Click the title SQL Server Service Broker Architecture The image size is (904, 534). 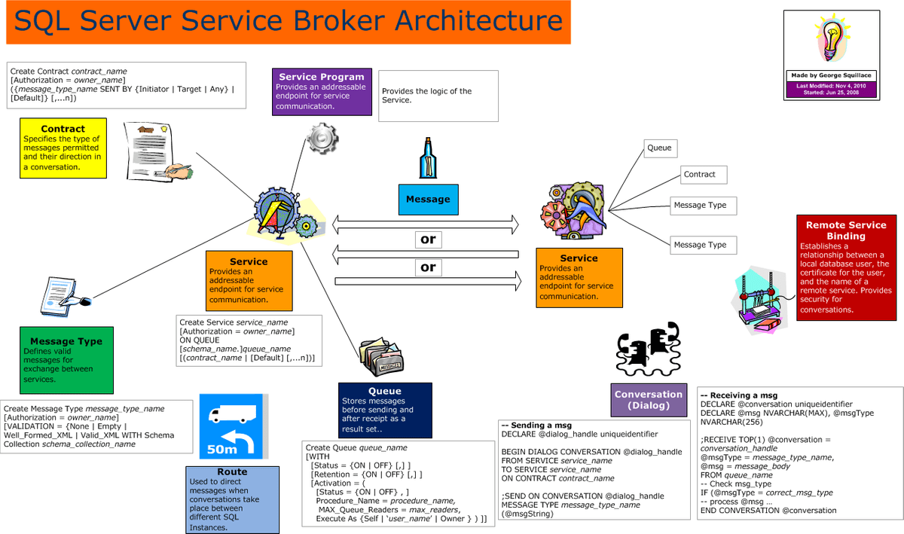pyautogui.click(x=288, y=23)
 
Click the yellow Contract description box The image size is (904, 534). pyautogui.click(x=63, y=148)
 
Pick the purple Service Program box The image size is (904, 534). pyautogui.click(x=322, y=91)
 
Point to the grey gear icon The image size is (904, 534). pyautogui.click(x=322, y=139)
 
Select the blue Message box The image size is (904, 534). pyautogui.click(x=428, y=200)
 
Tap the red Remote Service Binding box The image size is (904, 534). pyautogui.click(x=846, y=267)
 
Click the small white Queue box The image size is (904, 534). pyautogui.click(x=659, y=148)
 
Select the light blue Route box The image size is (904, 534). pyautogui.click(x=232, y=499)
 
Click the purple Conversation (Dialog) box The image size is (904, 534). pyautogui.click(x=648, y=400)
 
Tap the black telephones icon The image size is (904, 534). pyautogui.click(x=649, y=347)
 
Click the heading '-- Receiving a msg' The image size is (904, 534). pyautogui.click(x=738, y=395)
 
